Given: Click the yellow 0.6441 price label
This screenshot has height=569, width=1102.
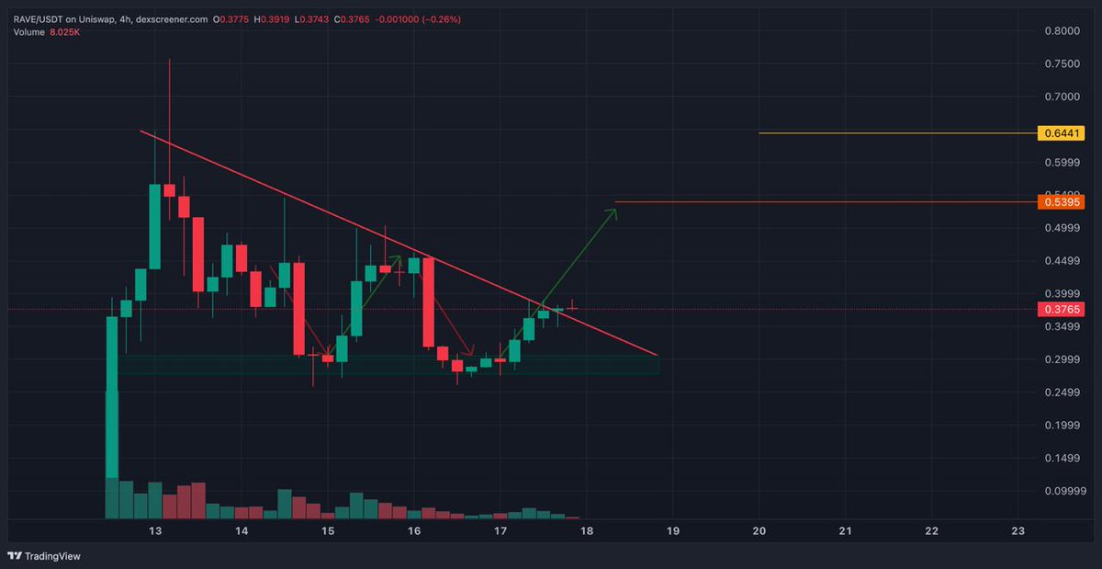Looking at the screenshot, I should (1061, 133).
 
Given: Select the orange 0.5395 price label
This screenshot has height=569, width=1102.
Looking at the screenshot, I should (1061, 201).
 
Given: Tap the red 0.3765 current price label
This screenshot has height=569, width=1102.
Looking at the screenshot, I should (1061, 310).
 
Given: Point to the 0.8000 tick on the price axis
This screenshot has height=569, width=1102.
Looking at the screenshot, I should (1061, 30).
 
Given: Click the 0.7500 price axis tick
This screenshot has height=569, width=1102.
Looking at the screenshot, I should (1061, 63).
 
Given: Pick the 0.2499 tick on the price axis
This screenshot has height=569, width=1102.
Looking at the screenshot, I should (1061, 393).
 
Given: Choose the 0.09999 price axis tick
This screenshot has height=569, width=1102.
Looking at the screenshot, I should (1061, 491).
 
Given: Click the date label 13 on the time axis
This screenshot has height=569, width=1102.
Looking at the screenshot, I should (155, 531).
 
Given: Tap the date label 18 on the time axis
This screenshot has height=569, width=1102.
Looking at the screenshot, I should (587, 531).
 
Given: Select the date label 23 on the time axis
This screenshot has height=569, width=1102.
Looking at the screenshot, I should (1018, 531).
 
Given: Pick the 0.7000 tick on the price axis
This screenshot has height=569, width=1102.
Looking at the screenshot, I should (1061, 97).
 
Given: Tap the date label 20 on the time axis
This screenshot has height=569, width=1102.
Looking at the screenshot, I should (759, 531).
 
